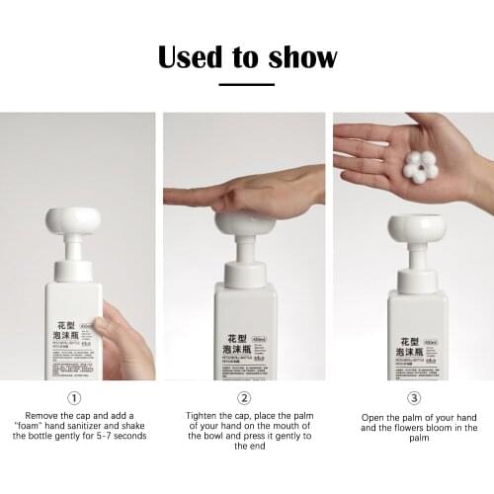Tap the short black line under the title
coord(246,85)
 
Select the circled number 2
coord(245,398)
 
